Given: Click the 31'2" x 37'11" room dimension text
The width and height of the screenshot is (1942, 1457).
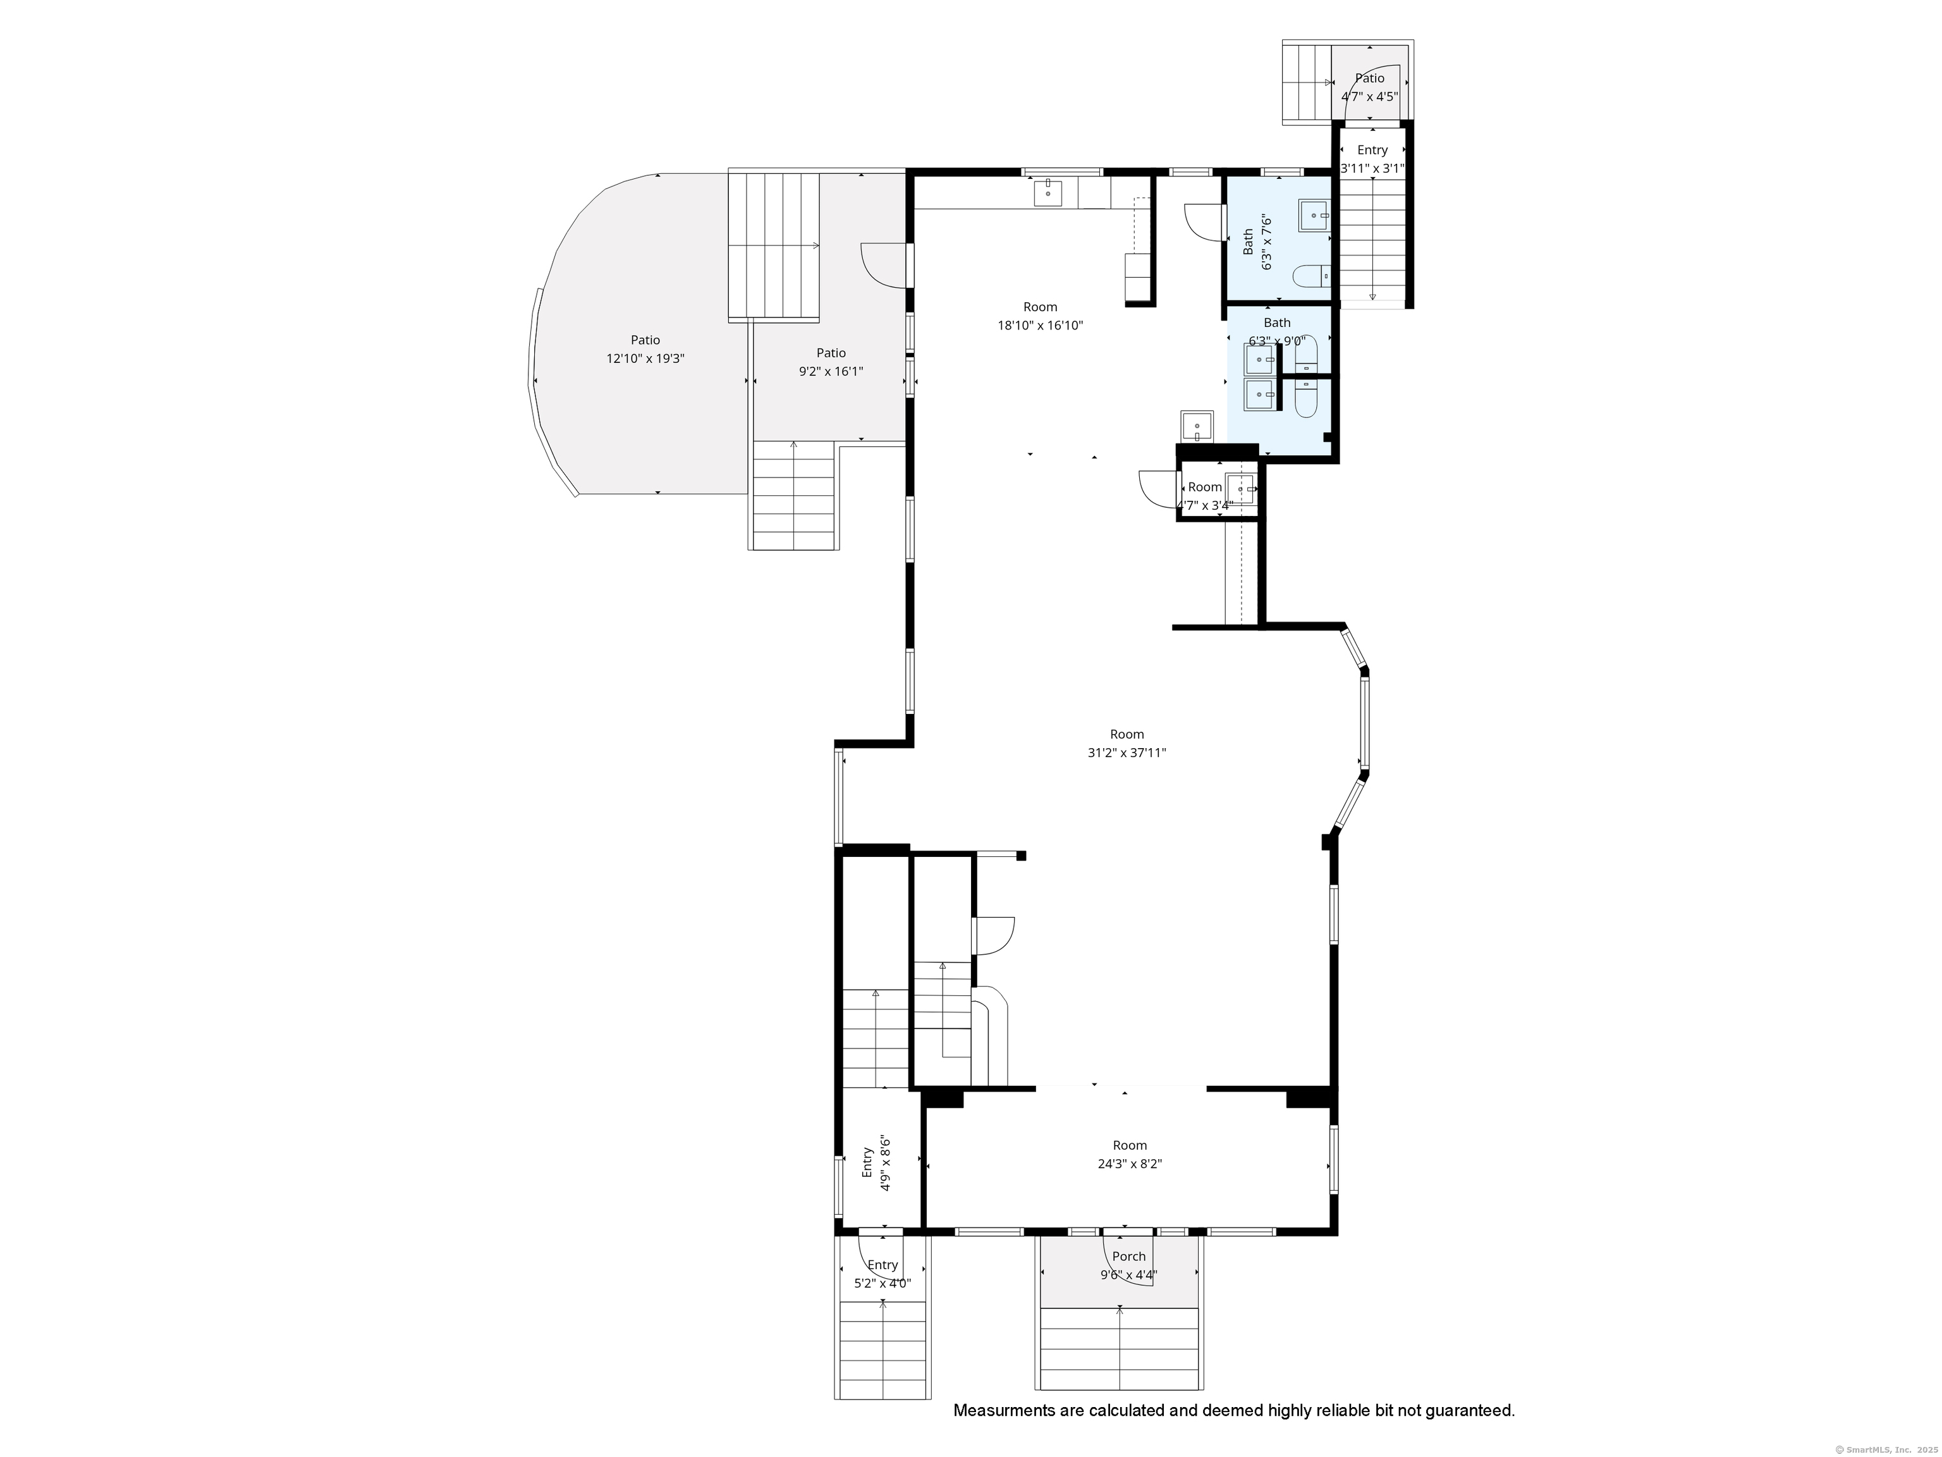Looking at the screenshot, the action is (x=1127, y=753).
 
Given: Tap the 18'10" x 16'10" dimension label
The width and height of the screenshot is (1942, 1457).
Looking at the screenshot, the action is (x=1041, y=326).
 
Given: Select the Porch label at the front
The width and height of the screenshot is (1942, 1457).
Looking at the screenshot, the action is (x=1129, y=1257).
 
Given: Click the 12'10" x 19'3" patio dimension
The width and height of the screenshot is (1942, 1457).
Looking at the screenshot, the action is (x=645, y=359).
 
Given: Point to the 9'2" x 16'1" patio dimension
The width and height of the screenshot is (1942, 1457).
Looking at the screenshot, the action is (x=831, y=371).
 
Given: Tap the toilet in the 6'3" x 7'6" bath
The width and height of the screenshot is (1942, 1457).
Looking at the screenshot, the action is (x=1312, y=276).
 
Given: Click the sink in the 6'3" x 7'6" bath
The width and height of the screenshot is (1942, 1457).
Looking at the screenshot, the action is (x=1314, y=215).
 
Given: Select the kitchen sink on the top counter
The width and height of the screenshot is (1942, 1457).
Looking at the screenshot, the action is (x=1047, y=192).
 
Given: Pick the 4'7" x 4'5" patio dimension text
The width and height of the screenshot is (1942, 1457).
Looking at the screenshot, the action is (x=1370, y=97).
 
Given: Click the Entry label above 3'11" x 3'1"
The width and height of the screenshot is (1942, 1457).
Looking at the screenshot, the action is (x=1372, y=150).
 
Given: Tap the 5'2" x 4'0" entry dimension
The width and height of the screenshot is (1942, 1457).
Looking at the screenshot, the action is (x=882, y=1283).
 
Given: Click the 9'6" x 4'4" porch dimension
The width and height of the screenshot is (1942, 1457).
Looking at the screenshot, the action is (x=1128, y=1276).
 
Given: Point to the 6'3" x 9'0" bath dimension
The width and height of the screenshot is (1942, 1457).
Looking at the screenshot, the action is (x=1278, y=341).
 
